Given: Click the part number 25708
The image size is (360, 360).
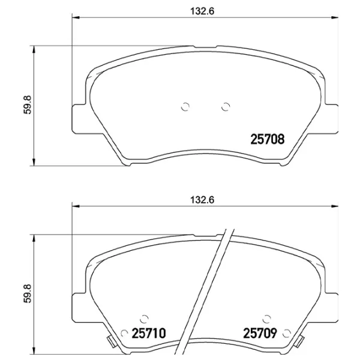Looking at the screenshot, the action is click(x=267, y=139).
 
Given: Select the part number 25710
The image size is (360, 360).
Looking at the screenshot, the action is click(x=149, y=333).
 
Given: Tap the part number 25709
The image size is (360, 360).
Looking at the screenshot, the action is click(x=260, y=333).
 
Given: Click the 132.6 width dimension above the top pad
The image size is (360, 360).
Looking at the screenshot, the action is click(x=202, y=11).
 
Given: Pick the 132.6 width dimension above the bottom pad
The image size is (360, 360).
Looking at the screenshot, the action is click(x=202, y=200).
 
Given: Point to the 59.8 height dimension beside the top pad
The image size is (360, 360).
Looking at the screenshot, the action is click(x=28, y=105).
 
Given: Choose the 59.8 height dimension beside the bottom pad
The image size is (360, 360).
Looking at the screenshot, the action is click(x=28, y=293).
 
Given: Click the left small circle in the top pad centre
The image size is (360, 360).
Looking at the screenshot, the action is click(x=185, y=107).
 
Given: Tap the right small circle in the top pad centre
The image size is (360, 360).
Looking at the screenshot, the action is click(x=226, y=107).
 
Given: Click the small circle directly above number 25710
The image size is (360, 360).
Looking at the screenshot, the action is click(x=144, y=319).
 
